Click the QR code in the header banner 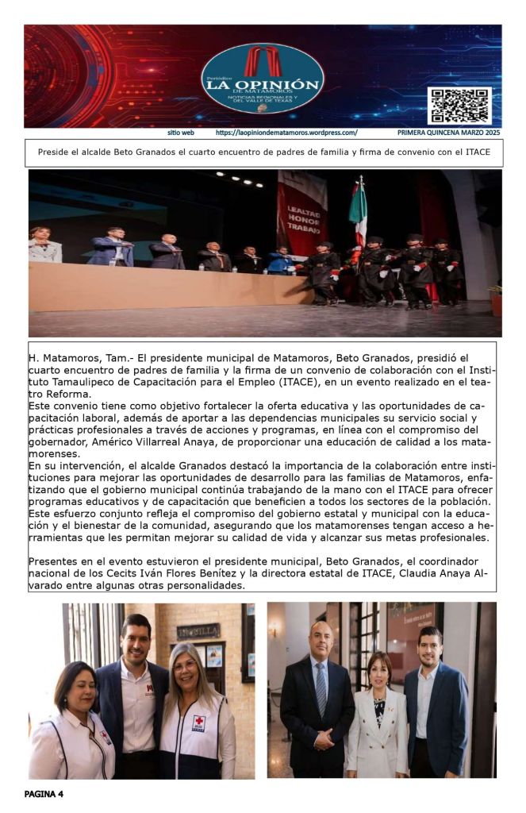[459, 106]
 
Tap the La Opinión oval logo [263, 78]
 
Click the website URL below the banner [286, 133]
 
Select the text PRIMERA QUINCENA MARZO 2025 [449, 133]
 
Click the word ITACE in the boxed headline [477, 152]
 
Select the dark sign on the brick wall [198, 633]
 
